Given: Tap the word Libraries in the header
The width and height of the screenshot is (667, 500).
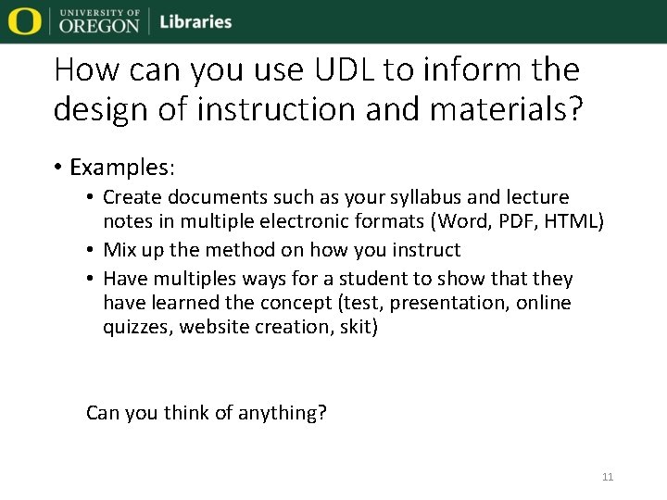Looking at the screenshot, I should click(195, 22).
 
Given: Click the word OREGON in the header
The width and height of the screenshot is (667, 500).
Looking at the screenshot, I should click(99, 27).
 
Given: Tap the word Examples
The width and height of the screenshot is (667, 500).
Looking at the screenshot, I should click(121, 168).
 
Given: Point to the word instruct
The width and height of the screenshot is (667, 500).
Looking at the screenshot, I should click(425, 250).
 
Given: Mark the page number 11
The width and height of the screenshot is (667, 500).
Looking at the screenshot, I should click(608, 477).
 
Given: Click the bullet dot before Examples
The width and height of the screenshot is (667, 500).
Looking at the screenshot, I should click(58, 168).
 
